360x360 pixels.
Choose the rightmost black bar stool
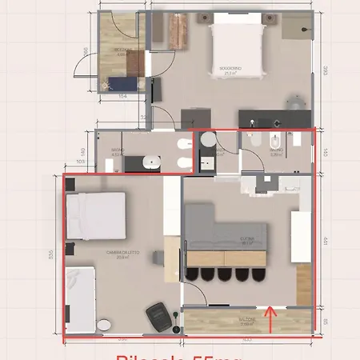(x=258, y=274)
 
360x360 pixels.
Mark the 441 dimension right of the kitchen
(x=325, y=238)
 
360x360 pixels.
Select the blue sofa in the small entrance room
(x=126, y=82)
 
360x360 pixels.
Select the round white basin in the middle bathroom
(x=207, y=139)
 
